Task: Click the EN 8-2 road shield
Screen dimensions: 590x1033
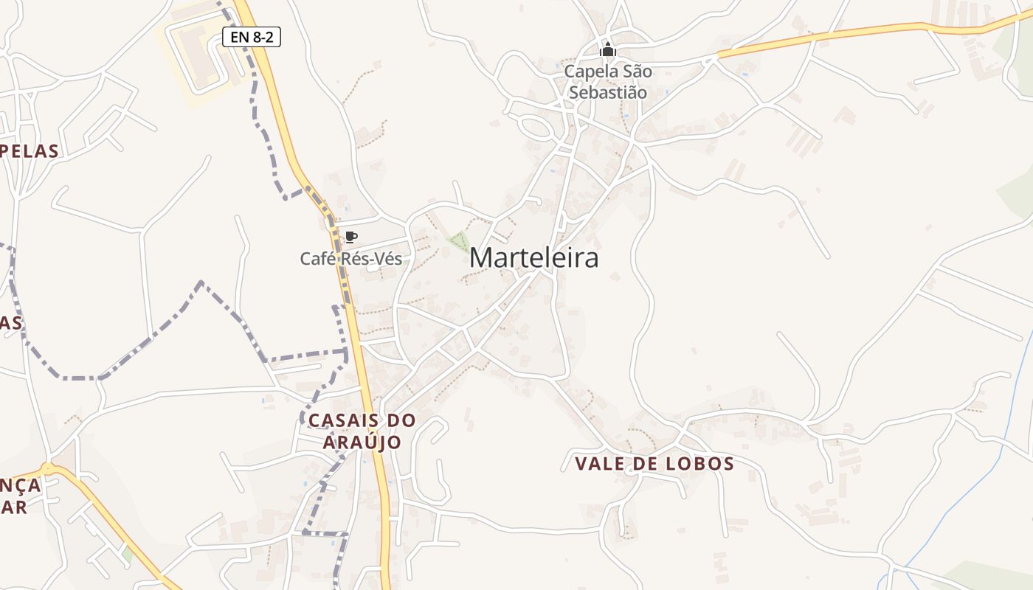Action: click(x=252, y=36)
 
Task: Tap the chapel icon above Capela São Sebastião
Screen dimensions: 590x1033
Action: click(x=607, y=50)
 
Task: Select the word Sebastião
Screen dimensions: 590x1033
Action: click(x=607, y=93)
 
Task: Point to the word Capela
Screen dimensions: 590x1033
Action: click(x=587, y=72)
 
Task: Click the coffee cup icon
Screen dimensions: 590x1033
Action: click(x=351, y=237)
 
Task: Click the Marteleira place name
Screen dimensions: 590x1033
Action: click(x=533, y=258)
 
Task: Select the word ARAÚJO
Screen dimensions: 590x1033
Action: click(x=362, y=442)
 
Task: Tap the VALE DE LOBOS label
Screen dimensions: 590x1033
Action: click(x=654, y=464)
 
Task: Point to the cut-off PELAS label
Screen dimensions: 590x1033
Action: click(x=30, y=151)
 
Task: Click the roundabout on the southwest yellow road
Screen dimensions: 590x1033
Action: click(x=48, y=468)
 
